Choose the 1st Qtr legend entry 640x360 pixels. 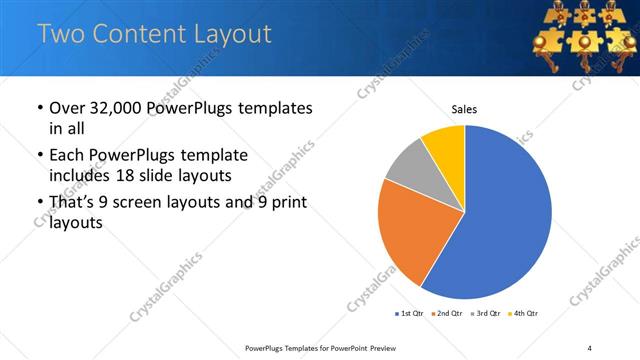point(410,314)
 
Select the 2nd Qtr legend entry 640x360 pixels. point(447,314)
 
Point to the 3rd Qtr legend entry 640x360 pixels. point(485,314)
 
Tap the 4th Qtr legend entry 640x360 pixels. point(523,314)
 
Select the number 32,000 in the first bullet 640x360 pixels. point(112,108)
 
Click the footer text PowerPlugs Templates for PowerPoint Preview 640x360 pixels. point(329,347)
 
